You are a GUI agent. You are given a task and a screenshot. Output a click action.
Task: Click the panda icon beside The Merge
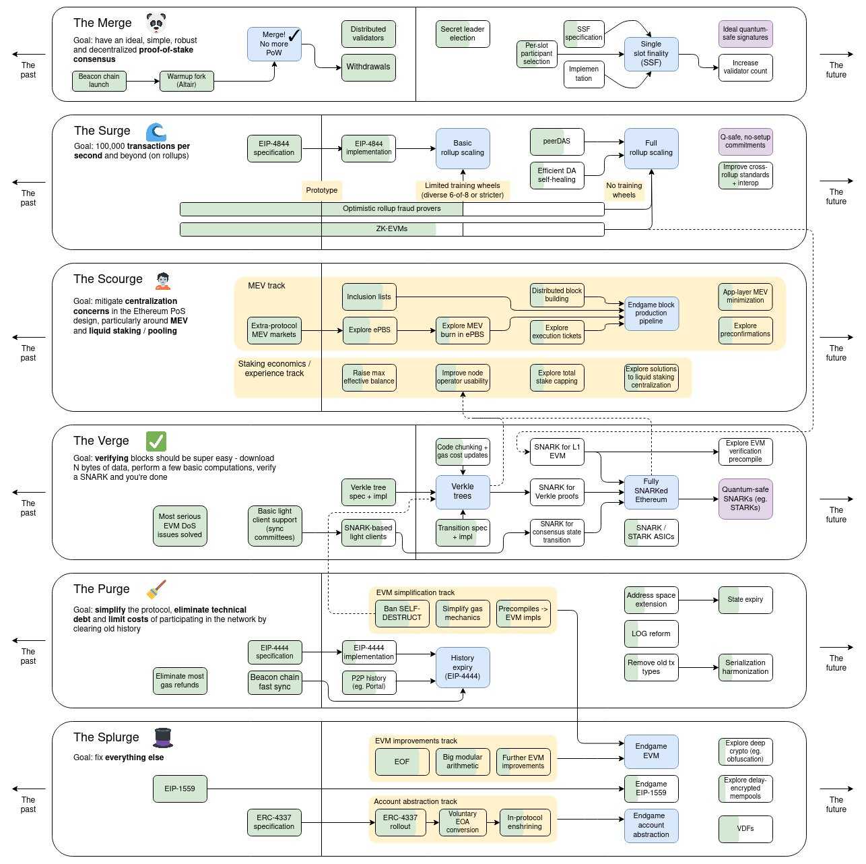(x=156, y=23)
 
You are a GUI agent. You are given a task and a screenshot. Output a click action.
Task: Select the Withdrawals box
(x=368, y=67)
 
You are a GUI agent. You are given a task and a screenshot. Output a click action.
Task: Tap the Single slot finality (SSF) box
(x=651, y=54)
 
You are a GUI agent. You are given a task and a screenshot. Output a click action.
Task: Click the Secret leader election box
(x=463, y=34)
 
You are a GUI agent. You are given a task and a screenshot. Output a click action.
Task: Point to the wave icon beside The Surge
(x=156, y=131)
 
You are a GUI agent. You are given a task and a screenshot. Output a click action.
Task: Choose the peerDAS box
(x=557, y=142)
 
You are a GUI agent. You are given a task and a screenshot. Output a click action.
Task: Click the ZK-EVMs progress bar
(x=392, y=229)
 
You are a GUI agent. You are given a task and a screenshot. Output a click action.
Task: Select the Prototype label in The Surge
(x=322, y=191)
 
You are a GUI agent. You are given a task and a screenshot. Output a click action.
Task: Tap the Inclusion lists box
(x=369, y=297)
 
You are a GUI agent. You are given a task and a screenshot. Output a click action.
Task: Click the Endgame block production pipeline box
(x=651, y=313)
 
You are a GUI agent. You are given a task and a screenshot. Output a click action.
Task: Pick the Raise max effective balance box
(x=369, y=377)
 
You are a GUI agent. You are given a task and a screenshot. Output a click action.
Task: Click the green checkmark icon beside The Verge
(x=156, y=441)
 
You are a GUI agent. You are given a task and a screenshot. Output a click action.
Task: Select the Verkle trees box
(x=463, y=492)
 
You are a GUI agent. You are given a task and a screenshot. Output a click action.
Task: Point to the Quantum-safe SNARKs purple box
(x=745, y=499)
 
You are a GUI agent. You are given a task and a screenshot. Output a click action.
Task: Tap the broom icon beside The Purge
(x=156, y=590)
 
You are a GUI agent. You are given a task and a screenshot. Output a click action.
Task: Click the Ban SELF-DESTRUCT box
(x=402, y=613)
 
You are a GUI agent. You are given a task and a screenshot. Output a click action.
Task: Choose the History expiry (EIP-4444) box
(x=463, y=667)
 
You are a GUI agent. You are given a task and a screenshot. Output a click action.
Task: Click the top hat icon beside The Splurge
(x=163, y=738)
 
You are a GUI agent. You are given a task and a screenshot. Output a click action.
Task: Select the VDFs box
(x=745, y=829)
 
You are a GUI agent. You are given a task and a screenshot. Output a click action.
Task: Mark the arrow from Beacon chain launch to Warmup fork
(x=143, y=82)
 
